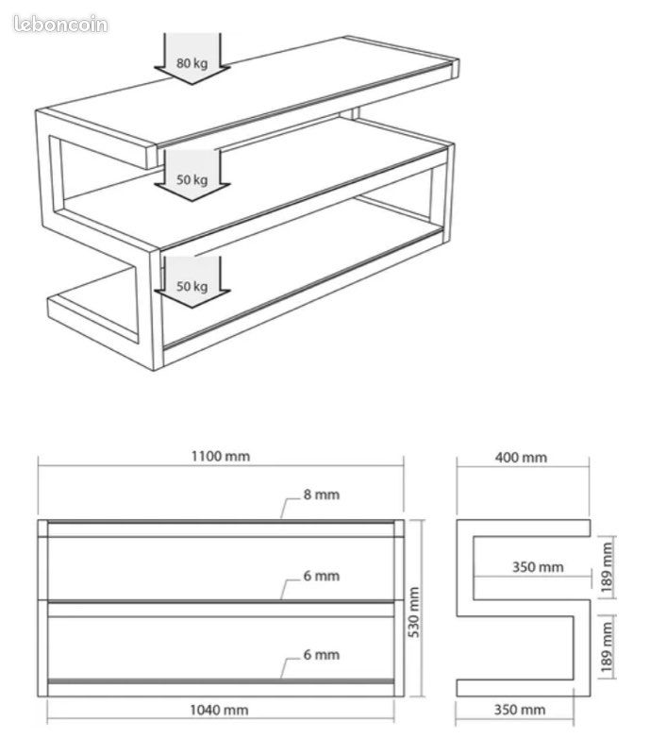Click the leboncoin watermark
60,25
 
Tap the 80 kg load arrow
192,59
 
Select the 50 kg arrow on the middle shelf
192,176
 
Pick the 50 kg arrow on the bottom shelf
192,282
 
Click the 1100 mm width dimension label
221,456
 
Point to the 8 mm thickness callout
321,495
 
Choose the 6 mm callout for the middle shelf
321,576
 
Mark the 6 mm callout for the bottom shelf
321,655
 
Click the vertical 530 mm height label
413,612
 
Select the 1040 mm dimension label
219,710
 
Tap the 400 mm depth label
521,458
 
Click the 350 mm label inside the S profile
538,567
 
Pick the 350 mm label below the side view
520,710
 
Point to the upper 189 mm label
607,568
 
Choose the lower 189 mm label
607,647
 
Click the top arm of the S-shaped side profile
524,528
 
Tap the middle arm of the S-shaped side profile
524,608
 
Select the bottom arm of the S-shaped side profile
524,688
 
